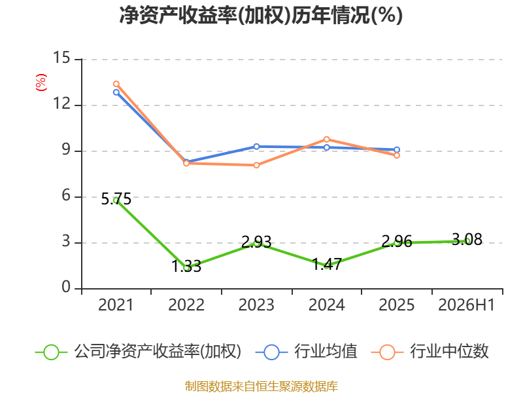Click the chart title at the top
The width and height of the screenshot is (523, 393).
(261, 15)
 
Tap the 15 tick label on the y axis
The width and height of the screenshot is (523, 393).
(61, 58)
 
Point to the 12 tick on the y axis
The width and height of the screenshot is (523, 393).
(61, 103)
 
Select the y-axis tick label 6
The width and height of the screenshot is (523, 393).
(66, 195)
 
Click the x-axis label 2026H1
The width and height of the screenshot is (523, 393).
(467, 305)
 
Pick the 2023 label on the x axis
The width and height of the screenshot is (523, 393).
(256, 305)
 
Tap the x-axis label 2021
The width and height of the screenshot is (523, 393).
(116, 305)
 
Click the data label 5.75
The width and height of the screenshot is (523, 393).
(116, 199)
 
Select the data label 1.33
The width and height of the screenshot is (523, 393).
(186, 267)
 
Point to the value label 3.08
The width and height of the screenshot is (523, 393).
(467, 240)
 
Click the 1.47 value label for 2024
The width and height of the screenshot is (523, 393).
(327, 265)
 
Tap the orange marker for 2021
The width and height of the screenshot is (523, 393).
(116, 84)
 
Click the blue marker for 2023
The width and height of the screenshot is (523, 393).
(256, 147)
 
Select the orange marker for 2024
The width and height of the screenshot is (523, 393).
(326, 140)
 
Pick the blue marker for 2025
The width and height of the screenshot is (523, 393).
(397, 150)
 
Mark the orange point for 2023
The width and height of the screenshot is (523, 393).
(256, 165)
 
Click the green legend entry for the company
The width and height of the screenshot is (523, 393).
(138, 352)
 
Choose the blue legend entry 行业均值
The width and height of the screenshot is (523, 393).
(306, 352)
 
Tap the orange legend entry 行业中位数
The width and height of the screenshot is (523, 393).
(430, 352)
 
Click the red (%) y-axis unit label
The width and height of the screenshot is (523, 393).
(41, 83)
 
